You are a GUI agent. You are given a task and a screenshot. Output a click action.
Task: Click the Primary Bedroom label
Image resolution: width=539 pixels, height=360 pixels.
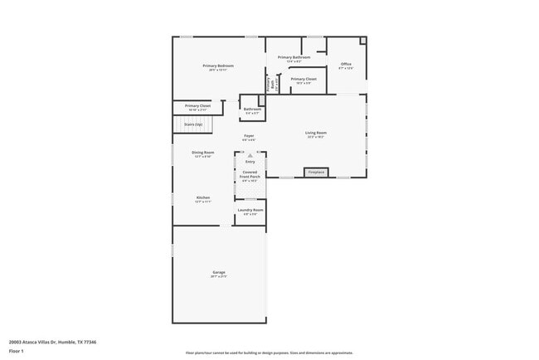pyautogui.click(x=218, y=66)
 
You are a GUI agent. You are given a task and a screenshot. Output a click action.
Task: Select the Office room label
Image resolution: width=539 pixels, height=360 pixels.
pyautogui.click(x=346, y=64)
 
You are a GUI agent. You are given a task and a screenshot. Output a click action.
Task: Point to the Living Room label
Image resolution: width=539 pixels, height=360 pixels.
pyautogui.click(x=316, y=133)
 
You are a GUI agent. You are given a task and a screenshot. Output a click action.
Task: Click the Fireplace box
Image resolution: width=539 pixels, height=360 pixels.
pyautogui.click(x=316, y=173)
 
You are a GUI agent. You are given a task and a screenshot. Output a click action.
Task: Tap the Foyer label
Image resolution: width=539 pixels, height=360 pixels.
pyautogui.click(x=249, y=135)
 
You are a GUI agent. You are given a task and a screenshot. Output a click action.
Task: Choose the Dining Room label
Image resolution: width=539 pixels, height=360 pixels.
pyautogui.click(x=203, y=153)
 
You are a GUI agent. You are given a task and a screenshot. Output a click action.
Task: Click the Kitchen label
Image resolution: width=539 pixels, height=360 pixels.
pyautogui.click(x=203, y=197)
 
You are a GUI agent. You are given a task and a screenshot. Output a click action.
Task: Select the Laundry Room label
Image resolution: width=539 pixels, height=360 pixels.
pyautogui.click(x=250, y=210)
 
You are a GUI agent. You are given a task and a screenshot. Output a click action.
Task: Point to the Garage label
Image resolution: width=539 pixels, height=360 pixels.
pyautogui.click(x=219, y=272)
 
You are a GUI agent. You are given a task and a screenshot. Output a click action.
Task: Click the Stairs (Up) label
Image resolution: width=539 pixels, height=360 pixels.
pyautogui.click(x=192, y=124)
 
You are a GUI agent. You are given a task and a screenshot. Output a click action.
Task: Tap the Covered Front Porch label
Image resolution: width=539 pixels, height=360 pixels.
pyautogui.click(x=250, y=174)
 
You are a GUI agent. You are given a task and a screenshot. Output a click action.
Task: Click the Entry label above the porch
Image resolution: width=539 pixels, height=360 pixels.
pyautogui.click(x=250, y=161)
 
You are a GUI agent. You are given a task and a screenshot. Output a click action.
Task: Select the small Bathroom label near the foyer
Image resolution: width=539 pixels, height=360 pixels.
pyautogui.click(x=252, y=109)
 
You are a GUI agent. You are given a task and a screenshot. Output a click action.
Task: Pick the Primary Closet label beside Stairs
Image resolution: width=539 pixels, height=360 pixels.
pyautogui.click(x=197, y=106)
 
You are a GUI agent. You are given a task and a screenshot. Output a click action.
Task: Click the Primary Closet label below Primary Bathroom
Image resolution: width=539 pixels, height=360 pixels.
pyautogui.click(x=303, y=80)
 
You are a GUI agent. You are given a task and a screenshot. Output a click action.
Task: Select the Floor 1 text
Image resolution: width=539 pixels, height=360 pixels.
pyautogui.click(x=16, y=351)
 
